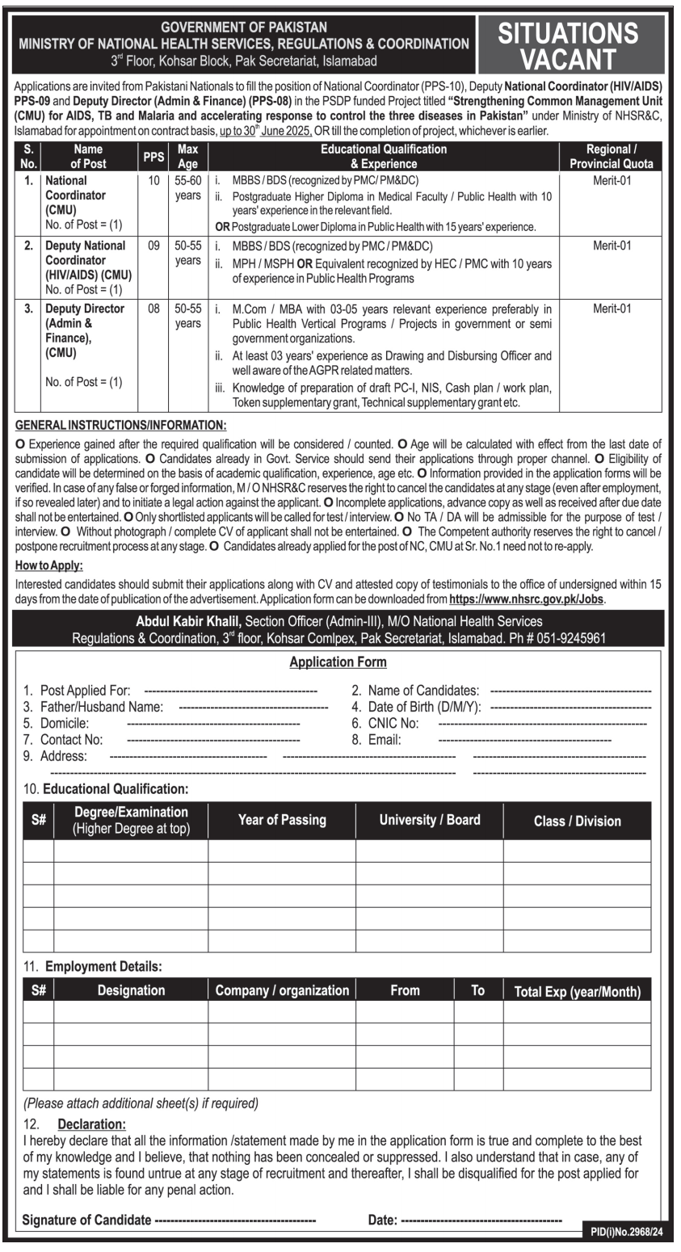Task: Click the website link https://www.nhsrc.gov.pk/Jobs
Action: [526, 599]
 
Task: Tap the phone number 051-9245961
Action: [573, 638]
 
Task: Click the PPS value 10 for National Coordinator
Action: [154, 180]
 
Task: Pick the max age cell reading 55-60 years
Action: [187, 187]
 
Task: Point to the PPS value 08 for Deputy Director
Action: [154, 309]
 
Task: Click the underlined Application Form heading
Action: [338, 662]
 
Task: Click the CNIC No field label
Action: [393, 723]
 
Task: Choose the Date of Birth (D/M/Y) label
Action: [425, 707]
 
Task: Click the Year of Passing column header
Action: [282, 820]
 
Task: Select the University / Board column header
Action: [430, 820]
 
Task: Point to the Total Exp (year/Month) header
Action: [577, 991]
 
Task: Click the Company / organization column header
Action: [282, 990]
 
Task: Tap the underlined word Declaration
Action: [91, 1124]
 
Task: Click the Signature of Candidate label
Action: [86, 1220]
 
